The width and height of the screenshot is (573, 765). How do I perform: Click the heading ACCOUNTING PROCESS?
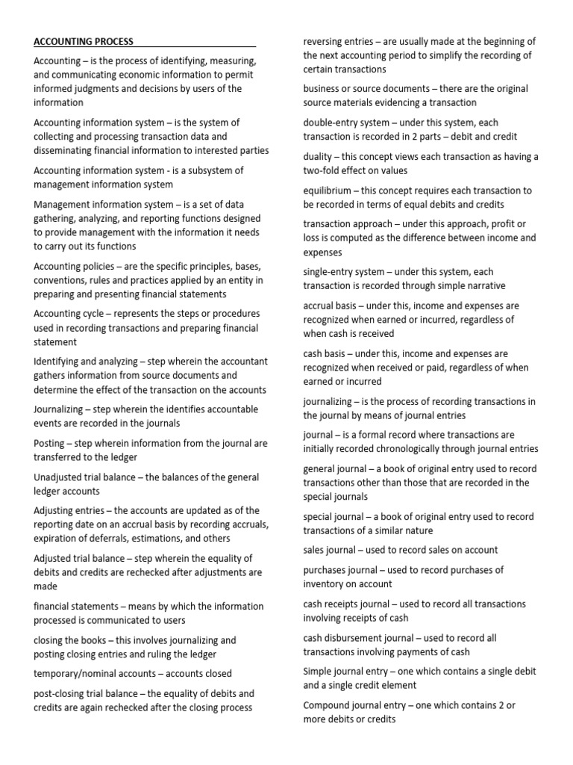84,42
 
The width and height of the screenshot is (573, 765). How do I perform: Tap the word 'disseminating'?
64,150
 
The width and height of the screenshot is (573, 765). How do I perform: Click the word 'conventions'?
61,280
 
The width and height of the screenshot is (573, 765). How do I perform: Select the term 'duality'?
319,157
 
